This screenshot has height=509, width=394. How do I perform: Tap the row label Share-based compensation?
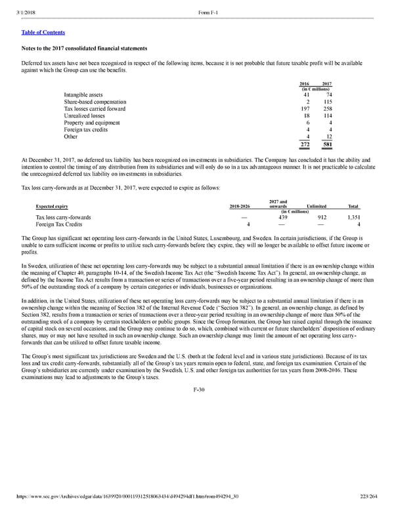pyautogui.click(x=95, y=102)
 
